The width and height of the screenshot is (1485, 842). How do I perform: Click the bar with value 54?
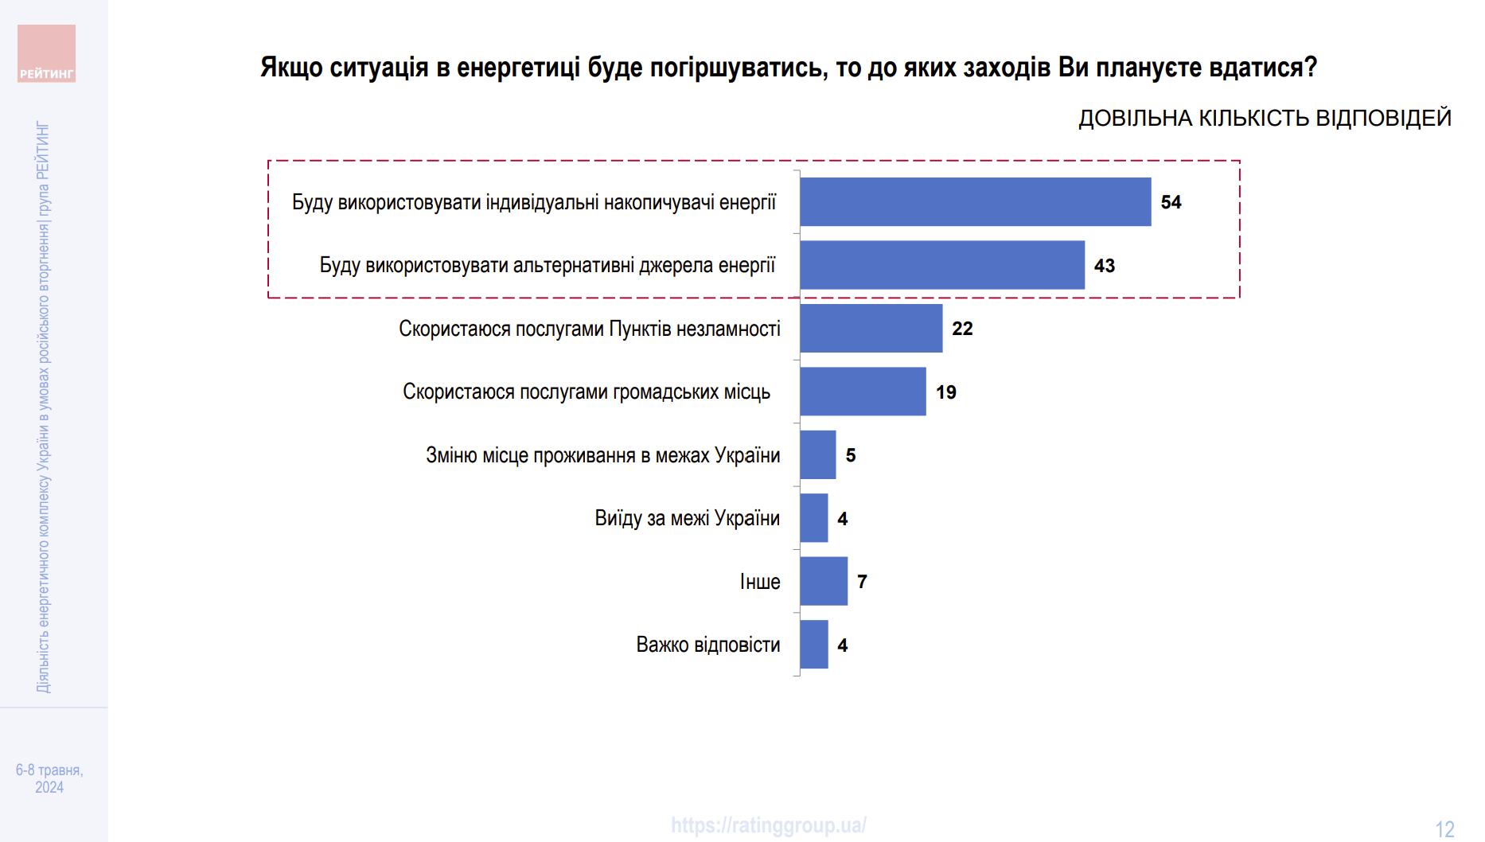pos(975,201)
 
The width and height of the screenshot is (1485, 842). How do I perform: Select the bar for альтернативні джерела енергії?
pos(942,265)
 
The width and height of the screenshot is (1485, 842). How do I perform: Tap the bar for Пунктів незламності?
pos(871,328)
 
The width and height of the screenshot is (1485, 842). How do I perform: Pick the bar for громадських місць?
pos(863,392)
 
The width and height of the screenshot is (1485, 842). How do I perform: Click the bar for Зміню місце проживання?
pos(817,454)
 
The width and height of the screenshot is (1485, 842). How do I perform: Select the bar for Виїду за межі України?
pos(813,518)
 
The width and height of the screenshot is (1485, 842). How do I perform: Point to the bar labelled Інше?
pos(823,581)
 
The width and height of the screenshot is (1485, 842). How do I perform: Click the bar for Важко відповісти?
pos(813,645)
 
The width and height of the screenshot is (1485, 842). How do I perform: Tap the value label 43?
pos(1104,266)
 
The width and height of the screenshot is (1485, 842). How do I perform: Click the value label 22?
pos(962,329)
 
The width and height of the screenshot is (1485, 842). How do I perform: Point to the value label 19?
pos(945,392)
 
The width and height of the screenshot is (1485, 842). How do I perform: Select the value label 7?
pos(862,582)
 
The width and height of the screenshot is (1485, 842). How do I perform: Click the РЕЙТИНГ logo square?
pos(47,53)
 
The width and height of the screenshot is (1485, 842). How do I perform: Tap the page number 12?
pos(1444,829)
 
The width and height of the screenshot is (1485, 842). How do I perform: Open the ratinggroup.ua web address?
pos(769,825)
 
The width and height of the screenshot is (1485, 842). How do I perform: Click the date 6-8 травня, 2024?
pos(49,778)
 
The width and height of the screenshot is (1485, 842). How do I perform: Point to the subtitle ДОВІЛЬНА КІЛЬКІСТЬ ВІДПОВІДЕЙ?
pos(1265,119)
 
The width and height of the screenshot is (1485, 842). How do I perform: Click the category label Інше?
pos(760,582)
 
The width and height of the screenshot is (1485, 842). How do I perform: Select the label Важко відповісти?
pos(707,645)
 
